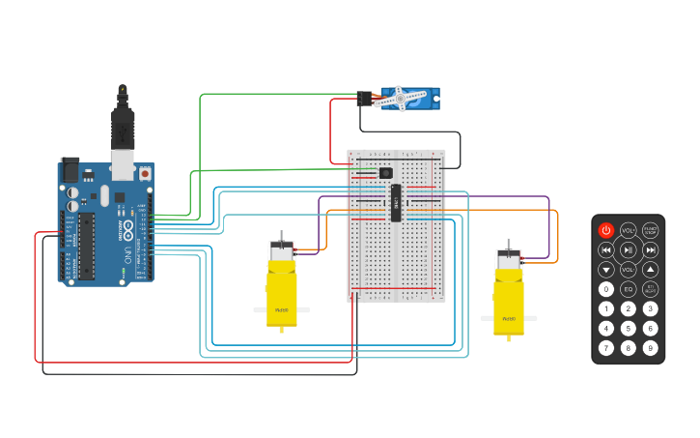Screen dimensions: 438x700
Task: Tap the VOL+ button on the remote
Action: (x=629, y=230)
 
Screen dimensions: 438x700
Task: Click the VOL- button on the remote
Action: (x=629, y=270)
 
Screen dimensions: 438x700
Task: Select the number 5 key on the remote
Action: (x=629, y=329)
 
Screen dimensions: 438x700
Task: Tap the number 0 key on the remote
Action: (x=605, y=289)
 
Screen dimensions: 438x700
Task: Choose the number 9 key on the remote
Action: (x=651, y=348)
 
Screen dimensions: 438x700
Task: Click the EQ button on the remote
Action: (x=629, y=289)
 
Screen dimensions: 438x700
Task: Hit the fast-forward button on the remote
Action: (x=651, y=249)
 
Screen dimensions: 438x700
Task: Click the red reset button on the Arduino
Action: (x=145, y=174)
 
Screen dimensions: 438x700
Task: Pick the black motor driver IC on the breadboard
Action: (x=396, y=202)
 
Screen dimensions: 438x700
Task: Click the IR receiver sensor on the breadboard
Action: (x=386, y=173)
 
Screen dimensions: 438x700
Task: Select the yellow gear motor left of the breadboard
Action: (x=281, y=288)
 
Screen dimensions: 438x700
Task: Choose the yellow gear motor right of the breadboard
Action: (x=509, y=295)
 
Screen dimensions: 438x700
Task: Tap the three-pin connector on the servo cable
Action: (x=364, y=99)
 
